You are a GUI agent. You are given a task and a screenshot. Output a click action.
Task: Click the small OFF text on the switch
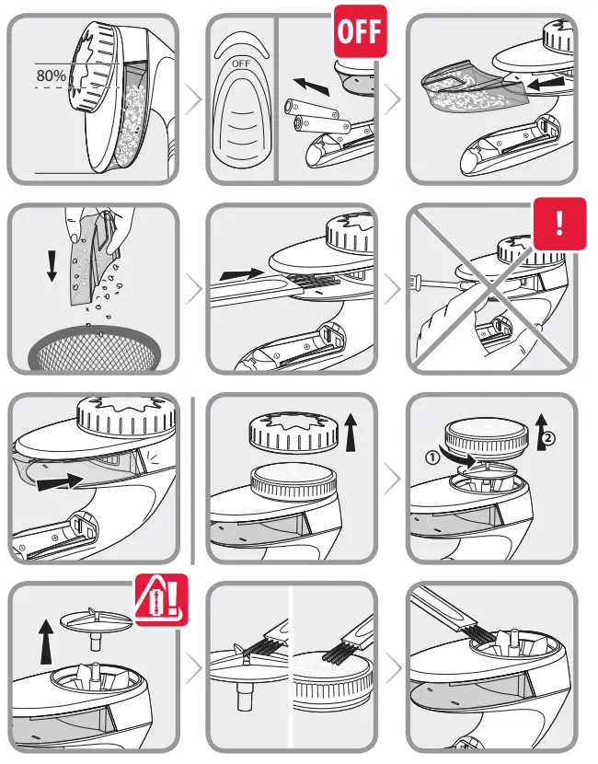pyautogui.click(x=240, y=64)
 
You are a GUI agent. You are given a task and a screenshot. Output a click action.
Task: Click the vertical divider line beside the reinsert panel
pyautogui.click(x=193, y=479)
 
